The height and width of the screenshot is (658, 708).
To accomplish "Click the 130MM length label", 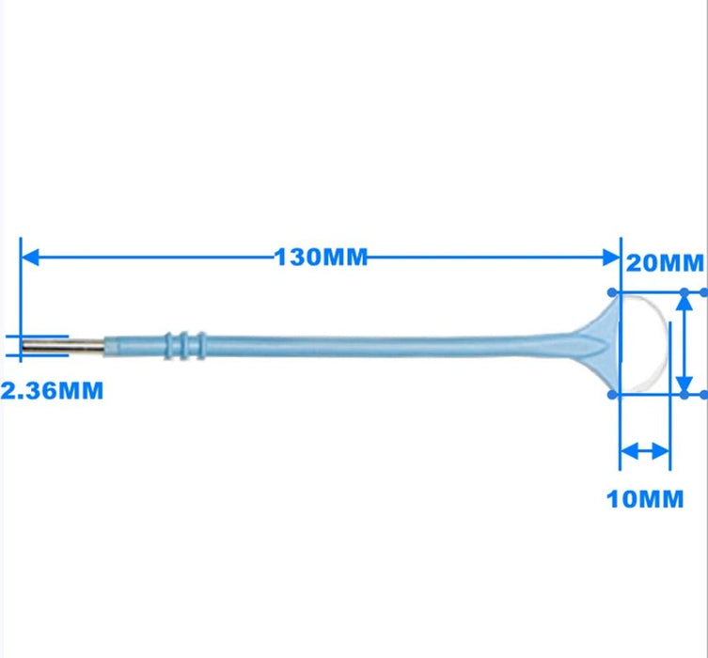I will click(320, 257).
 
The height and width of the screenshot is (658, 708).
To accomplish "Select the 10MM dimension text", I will click(645, 498).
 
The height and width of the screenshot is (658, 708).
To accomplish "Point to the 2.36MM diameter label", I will click(52, 389).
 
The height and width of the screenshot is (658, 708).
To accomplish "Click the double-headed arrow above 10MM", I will click(645, 451).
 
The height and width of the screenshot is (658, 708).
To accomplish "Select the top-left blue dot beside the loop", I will click(613, 291).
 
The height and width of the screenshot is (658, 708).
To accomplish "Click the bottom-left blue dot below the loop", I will click(613, 395).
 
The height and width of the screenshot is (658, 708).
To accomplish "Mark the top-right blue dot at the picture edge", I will click(702, 291).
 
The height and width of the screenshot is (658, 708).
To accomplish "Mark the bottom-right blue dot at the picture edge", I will click(702, 395).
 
